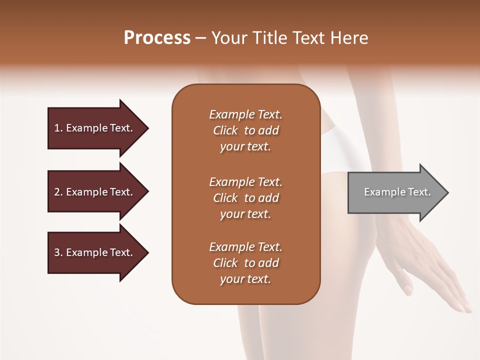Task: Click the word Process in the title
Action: pos(157,38)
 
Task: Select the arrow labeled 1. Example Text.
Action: pos(95,128)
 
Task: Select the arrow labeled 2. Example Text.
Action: pos(95,192)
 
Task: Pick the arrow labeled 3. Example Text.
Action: pos(95,252)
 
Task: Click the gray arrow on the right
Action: pos(395,192)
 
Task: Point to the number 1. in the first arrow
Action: pos(58,128)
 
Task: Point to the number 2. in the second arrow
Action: pos(58,192)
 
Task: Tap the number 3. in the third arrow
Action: pos(58,252)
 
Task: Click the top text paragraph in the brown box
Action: pos(245,130)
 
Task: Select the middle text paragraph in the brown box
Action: pos(245,198)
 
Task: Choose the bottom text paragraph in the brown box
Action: pos(245,263)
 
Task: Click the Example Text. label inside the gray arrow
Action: pos(397,192)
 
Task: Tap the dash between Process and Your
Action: pos(201,38)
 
